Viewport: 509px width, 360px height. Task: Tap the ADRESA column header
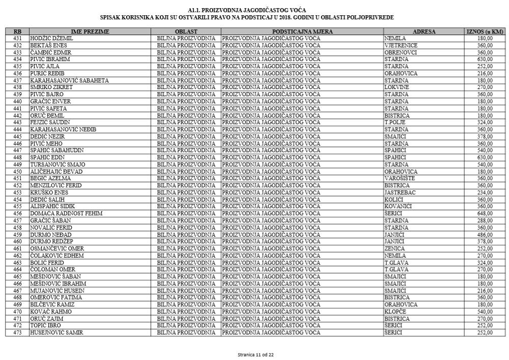[424, 32]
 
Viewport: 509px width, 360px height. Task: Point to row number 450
[17, 172]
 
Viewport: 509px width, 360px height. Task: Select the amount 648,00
[485, 213]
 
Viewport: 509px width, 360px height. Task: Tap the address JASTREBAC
[400, 192]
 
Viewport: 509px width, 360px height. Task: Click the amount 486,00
[485, 234]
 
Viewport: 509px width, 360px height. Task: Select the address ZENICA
[395, 248]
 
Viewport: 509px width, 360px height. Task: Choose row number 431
[17, 38]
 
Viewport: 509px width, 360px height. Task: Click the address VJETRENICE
[401, 45]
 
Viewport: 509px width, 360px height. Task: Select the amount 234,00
[485, 192]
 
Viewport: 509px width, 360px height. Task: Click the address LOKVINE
[396, 88]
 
